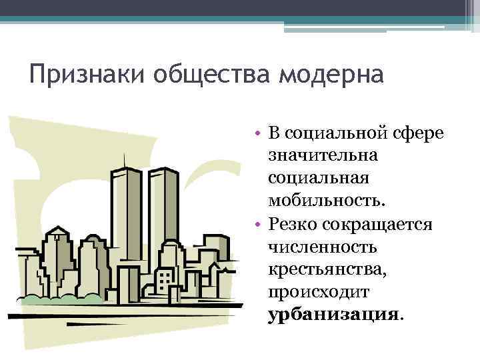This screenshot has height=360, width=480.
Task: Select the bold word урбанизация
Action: (333, 314)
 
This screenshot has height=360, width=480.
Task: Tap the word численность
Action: (322, 246)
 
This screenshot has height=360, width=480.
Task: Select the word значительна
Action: (322, 155)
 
